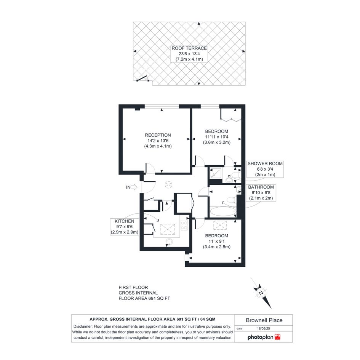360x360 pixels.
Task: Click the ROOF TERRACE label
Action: click(x=189, y=48)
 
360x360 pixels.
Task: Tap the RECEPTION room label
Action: click(x=158, y=135)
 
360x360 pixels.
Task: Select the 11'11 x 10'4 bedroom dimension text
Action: click(x=216, y=137)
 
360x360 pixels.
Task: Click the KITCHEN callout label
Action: click(x=125, y=221)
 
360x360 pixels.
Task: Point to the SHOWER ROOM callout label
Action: click(x=265, y=163)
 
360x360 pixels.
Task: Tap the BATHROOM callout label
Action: click(x=261, y=187)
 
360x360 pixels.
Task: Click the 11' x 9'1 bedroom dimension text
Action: click(x=216, y=241)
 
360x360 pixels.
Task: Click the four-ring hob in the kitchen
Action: click(x=184, y=225)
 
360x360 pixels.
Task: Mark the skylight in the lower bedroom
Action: click(x=220, y=226)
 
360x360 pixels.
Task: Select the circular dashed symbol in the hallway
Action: click(x=168, y=184)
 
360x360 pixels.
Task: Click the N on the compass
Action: click(x=261, y=293)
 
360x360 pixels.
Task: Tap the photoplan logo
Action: click(x=264, y=337)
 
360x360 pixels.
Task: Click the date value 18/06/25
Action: click(x=263, y=328)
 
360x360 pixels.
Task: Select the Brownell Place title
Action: click(x=264, y=320)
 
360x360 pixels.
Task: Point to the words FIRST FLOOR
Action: click(x=133, y=287)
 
